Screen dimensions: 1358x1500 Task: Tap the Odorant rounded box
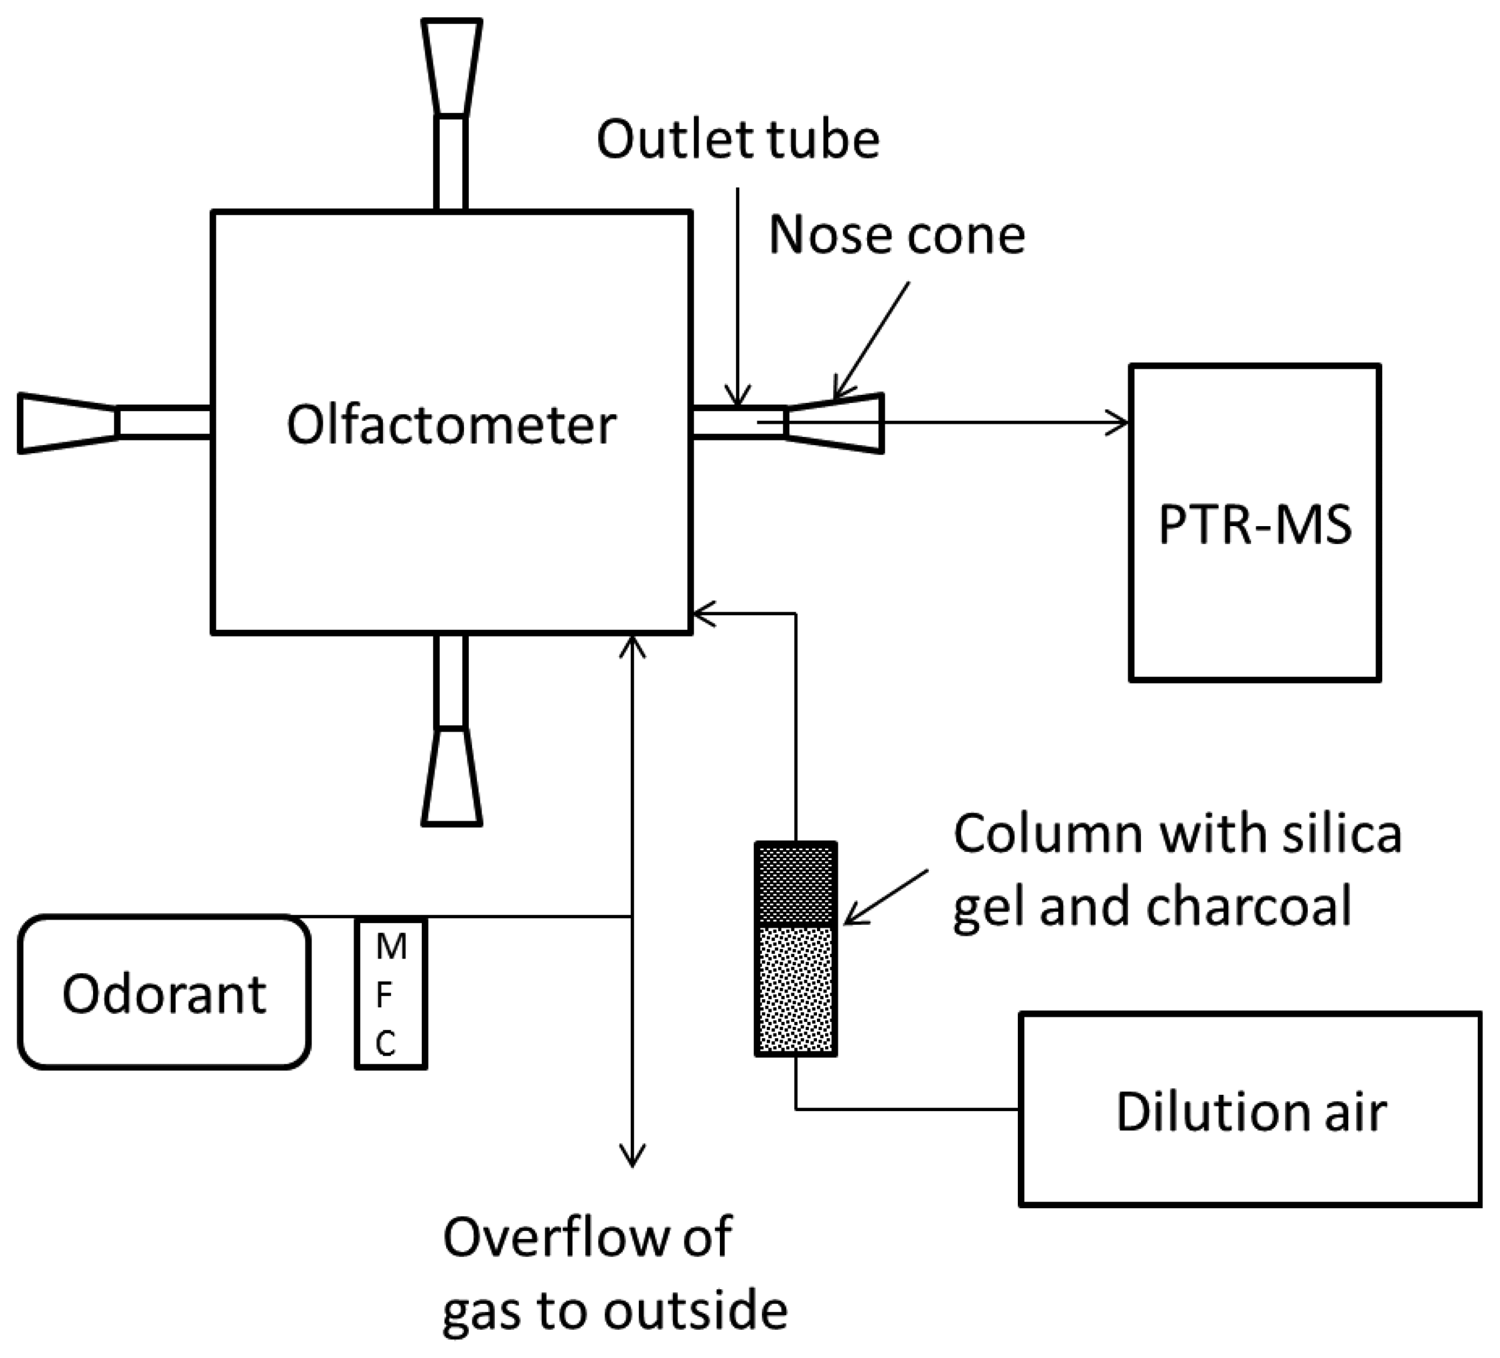tap(163, 993)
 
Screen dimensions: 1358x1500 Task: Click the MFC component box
tap(390, 995)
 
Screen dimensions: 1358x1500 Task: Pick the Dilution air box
tap(1250, 1110)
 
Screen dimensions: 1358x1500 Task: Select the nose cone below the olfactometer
tap(451, 776)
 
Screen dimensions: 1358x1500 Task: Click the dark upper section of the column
tap(796, 885)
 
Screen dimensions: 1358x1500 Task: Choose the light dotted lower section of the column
tap(796, 989)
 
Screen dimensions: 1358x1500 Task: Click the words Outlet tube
tap(737, 140)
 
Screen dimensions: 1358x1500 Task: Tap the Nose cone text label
tap(897, 235)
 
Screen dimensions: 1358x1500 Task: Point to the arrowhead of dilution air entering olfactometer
tap(704, 614)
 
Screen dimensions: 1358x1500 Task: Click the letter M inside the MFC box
tap(390, 948)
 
